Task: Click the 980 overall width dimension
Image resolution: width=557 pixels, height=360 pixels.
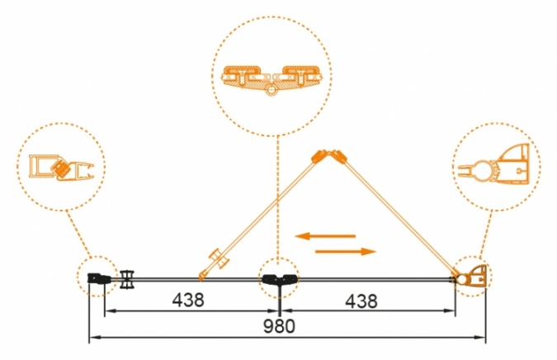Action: [x=279, y=326]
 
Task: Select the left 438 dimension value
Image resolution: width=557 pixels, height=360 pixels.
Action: [x=188, y=301]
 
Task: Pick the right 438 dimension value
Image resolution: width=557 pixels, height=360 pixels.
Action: [x=361, y=301]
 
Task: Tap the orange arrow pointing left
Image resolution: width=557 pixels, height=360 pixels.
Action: [x=325, y=235]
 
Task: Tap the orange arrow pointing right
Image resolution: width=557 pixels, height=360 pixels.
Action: [x=346, y=252]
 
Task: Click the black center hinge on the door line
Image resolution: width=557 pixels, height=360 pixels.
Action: [x=281, y=279]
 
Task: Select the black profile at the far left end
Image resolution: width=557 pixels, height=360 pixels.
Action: [x=99, y=278]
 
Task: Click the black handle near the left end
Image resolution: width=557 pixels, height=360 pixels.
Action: [x=127, y=280]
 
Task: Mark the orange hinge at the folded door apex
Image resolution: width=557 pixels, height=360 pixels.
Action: [x=328, y=156]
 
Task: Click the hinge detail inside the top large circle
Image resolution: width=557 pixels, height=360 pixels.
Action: [x=271, y=79]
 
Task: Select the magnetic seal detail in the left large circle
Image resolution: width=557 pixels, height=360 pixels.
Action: [x=61, y=167]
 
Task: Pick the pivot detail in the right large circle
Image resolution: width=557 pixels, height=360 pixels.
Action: [x=493, y=165]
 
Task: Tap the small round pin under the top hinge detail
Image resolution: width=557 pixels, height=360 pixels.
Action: [x=271, y=90]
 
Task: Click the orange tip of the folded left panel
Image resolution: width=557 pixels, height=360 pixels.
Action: [x=201, y=276]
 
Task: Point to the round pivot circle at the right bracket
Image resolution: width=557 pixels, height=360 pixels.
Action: [x=462, y=279]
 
